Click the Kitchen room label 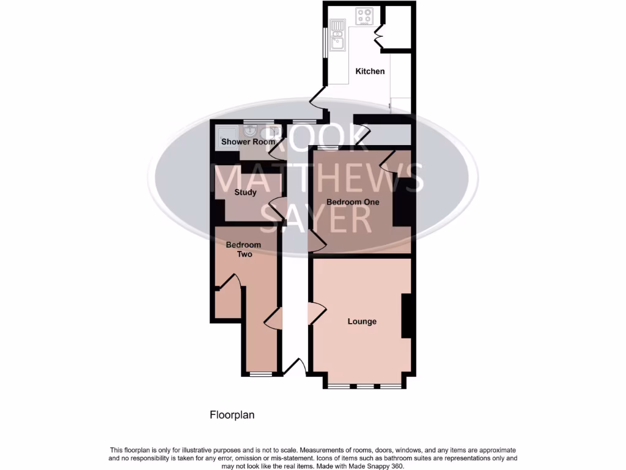[x=370, y=71]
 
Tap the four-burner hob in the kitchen [x=366, y=16]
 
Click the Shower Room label [x=240, y=142]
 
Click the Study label [x=245, y=192]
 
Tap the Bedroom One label [x=353, y=202]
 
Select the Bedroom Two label [x=243, y=249]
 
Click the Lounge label [x=362, y=321]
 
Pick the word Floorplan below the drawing [x=232, y=415]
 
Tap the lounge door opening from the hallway [x=317, y=313]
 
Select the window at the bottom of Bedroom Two [x=261, y=374]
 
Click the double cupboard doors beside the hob [x=378, y=36]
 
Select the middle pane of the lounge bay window [x=365, y=386]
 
